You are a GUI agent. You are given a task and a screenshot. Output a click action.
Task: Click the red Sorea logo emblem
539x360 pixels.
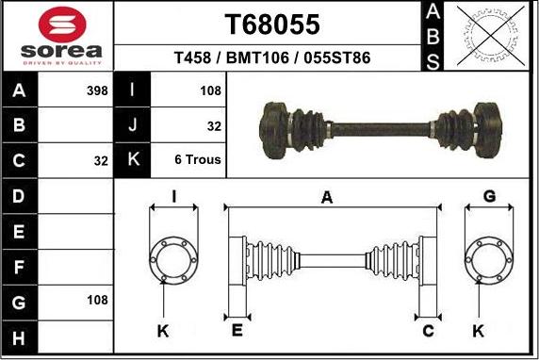[62, 25]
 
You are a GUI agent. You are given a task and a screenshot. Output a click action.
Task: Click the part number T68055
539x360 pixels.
[272, 25]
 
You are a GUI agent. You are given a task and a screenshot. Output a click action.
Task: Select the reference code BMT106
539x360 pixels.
[257, 57]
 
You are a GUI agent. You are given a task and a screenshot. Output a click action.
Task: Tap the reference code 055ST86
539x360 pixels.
[337, 57]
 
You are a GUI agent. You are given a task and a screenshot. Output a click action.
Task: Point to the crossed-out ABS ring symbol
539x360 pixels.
[491, 36]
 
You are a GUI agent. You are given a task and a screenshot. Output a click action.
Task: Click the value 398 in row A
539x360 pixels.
[97, 90]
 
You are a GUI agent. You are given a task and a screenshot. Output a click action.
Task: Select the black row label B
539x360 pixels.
[19, 124]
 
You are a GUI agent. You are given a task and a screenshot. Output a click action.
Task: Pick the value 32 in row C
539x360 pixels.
[101, 161]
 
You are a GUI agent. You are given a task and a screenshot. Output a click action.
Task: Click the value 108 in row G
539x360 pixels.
[97, 301]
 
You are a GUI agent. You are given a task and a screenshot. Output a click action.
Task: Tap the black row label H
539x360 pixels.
[19, 337]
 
